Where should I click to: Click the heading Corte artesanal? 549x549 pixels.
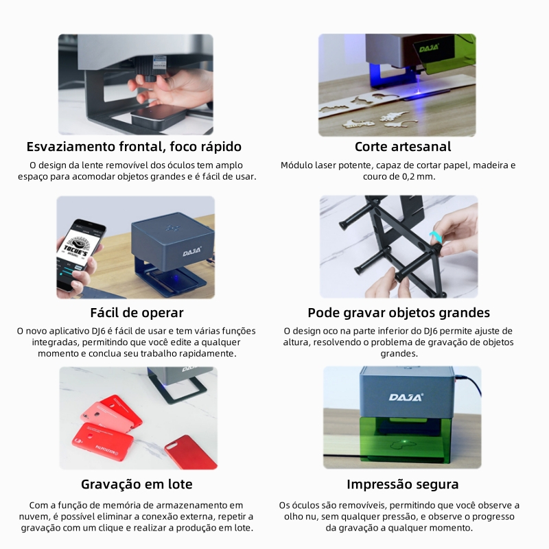click(403, 147)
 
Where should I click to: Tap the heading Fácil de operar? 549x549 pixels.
click(137, 313)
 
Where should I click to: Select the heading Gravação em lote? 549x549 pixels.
click(137, 484)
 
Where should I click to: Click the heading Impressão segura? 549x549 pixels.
click(403, 484)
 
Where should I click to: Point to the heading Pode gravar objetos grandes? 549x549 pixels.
click(399, 313)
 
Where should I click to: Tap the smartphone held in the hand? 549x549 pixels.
click(80, 255)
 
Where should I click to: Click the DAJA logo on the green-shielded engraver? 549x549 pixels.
click(406, 397)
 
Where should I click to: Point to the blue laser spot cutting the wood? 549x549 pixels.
click(418, 92)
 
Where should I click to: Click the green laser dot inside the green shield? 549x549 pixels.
click(405, 441)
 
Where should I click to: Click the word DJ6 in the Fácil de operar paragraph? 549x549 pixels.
click(99, 331)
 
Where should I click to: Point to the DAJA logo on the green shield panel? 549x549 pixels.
click(429, 48)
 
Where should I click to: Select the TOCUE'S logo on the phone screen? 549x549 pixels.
click(76, 247)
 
